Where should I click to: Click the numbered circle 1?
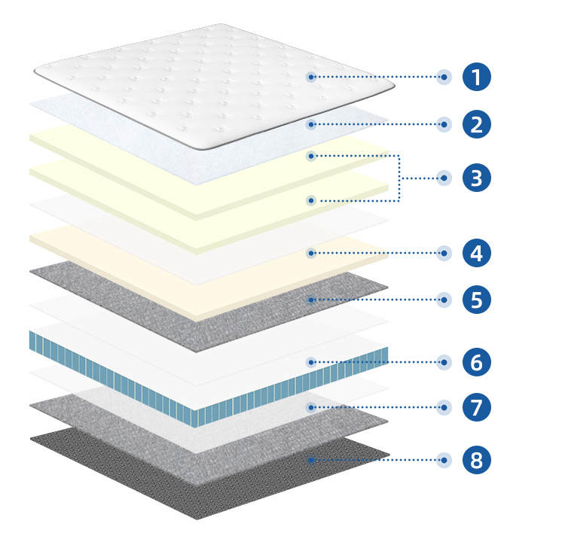pyautogui.click(x=476, y=77)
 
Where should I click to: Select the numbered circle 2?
pyautogui.click(x=476, y=124)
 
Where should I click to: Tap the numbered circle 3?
pyautogui.click(x=476, y=178)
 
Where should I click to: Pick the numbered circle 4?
pyautogui.click(x=476, y=253)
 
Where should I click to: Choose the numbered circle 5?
pyautogui.click(x=476, y=300)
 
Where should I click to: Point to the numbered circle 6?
pyautogui.click(x=476, y=362)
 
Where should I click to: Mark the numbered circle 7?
pyautogui.click(x=476, y=407)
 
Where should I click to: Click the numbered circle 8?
pyautogui.click(x=476, y=460)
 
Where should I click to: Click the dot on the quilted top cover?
pyautogui.click(x=311, y=77)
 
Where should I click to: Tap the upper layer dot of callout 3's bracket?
pyautogui.click(x=311, y=156)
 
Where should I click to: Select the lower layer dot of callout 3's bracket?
pyautogui.click(x=311, y=200)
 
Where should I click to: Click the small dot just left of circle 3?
pyautogui.click(x=444, y=178)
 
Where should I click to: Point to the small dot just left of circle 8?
pyautogui.click(x=444, y=460)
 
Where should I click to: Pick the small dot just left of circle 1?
pyautogui.click(x=444, y=77)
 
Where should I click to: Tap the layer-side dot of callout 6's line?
pyautogui.click(x=311, y=362)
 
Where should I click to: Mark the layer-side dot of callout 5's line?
pyautogui.click(x=311, y=300)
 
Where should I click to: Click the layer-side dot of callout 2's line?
pyautogui.click(x=311, y=124)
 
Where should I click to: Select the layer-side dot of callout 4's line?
pyautogui.click(x=311, y=253)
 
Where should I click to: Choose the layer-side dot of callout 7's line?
pyautogui.click(x=311, y=407)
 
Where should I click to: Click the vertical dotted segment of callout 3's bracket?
pyautogui.click(x=399, y=178)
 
